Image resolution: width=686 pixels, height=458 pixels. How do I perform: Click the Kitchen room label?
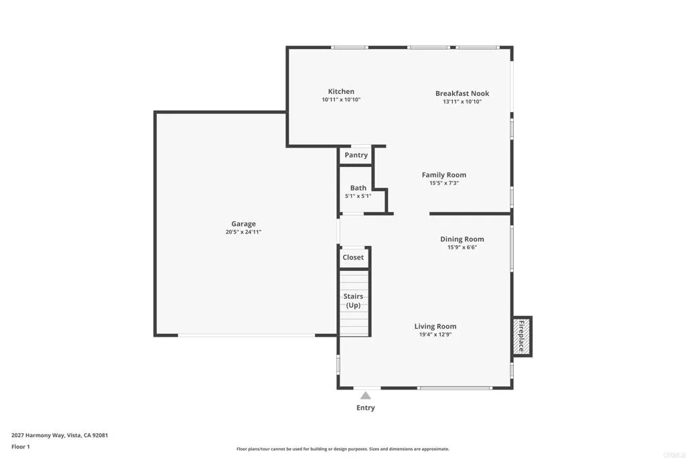pos(341,92)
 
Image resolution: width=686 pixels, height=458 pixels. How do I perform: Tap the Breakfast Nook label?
pos(462,94)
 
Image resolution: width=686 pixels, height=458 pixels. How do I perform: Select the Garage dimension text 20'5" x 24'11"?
pos(243,232)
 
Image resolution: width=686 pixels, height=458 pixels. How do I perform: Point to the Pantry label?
pos(356,156)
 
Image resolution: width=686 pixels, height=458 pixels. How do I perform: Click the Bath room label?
pos(358,188)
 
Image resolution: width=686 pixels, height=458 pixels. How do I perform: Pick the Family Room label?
pos(443,175)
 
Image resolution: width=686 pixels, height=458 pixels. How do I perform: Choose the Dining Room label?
pos(462,239)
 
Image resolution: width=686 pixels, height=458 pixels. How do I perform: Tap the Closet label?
pos(353,257)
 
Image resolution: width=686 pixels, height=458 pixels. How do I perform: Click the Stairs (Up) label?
pos(353,300)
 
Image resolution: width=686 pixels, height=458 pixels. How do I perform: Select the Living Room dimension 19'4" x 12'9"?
pos(435,334)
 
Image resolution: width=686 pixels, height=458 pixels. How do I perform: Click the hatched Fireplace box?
pos(522,336)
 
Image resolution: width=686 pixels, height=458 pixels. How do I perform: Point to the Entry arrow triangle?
pos(365,396)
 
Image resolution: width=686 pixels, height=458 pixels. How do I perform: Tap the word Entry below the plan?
pos(366,408)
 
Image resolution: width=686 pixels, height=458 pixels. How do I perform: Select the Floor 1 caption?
pos(21,447)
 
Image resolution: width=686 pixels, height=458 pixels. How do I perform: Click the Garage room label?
pos(244,224)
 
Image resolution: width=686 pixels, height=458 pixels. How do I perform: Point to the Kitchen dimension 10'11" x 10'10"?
pos(341,100)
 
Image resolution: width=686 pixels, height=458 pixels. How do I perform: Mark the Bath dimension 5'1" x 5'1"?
pos(358,196)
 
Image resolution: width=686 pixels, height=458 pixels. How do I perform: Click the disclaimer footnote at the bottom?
pos(342,449)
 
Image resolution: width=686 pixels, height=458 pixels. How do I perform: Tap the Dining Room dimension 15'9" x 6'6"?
pos(462,247)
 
